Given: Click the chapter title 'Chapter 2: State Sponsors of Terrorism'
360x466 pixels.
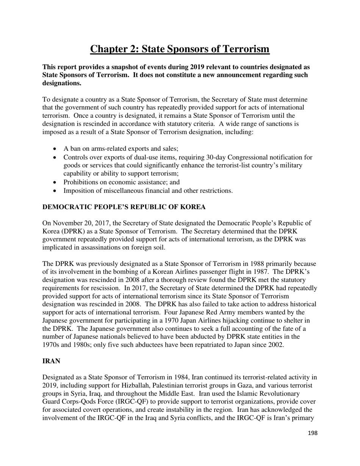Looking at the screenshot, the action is click(180, 49).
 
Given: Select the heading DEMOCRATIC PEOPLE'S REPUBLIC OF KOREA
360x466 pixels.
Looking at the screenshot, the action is click(124, 207).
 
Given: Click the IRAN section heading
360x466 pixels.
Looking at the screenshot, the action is click(51, 361).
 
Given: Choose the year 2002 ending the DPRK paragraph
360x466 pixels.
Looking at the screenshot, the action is click(275, 345).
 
